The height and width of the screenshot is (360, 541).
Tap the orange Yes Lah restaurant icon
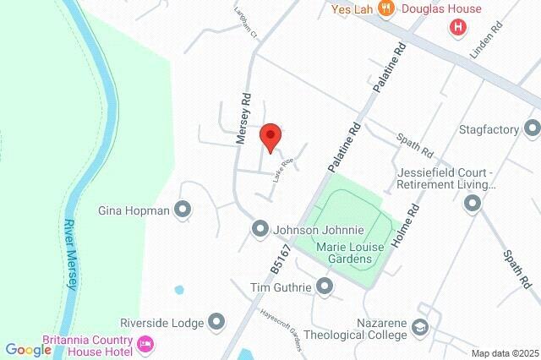pos(386,9)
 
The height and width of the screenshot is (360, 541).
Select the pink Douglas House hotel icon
pos(458,26)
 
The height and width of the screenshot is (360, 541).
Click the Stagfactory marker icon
pos(532,128)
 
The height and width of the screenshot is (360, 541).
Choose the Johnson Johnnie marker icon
pos(260,229)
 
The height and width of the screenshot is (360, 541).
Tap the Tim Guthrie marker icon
pos(325,287)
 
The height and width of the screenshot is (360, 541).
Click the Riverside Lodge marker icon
pos(217,322)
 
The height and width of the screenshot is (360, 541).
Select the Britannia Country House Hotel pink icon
pos(145,343)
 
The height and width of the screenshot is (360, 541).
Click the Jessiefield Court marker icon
pos(472,203)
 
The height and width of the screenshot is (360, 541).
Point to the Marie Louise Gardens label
pos(343,252)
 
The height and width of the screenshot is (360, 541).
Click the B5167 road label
pos(279,255)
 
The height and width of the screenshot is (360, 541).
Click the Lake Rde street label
pos(281,172)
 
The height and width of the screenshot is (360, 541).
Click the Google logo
pos(28,349)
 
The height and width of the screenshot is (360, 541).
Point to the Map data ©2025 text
pos(504,353)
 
